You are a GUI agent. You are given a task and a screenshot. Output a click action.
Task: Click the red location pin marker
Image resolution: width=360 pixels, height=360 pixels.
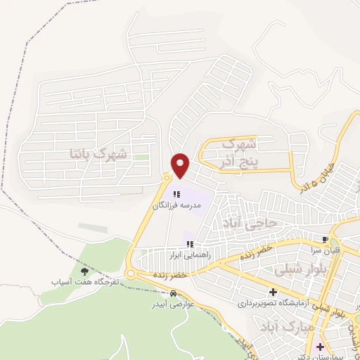coord(181,165)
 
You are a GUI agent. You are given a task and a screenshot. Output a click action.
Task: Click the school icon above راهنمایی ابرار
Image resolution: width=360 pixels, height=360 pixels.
coord(189,244)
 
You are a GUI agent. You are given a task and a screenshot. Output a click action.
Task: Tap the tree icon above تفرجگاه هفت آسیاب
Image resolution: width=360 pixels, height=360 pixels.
coord(85,271)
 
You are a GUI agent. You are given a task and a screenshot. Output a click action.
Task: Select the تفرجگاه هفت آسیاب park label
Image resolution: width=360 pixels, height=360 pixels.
coord(80,281)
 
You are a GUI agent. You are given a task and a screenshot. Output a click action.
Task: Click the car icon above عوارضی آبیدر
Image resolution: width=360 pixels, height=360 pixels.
coord(173,293)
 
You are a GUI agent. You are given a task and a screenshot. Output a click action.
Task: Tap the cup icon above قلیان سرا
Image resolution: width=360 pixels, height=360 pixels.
coord(325,239)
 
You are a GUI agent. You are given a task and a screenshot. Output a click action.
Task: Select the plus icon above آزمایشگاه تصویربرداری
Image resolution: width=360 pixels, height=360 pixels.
coord(273,292)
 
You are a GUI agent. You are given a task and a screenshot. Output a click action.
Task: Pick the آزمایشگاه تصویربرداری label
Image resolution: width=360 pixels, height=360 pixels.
coord(269,303)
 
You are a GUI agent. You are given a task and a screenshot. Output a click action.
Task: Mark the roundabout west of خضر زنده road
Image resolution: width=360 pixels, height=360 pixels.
coord(130,274)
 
